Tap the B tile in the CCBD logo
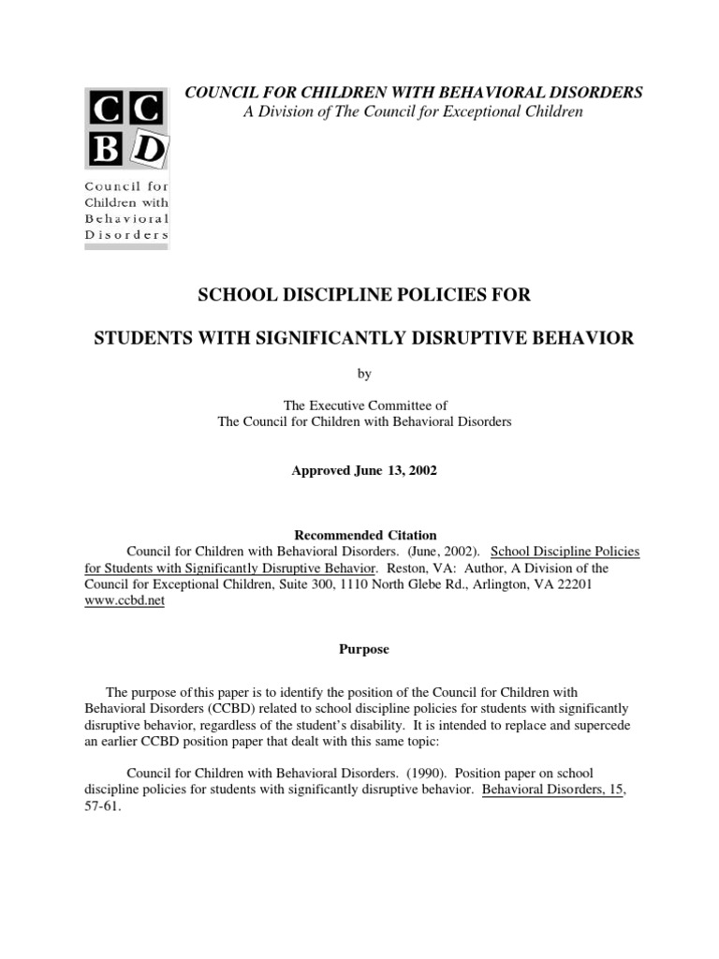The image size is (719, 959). pyautogui.click(x=106, y=148)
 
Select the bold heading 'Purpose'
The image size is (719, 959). pyautogui.click(x=363, y=648)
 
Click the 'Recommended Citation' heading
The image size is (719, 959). pyautogui.click(x=363, y=535)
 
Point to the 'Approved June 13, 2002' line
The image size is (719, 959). pyautogui.click(x=363, y=471)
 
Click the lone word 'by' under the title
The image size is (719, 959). pyautogui.click(x=363, y=373)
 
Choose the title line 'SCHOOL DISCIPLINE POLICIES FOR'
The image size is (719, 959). pyautogui.click(x=363, y=296)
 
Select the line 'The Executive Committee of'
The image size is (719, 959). pyautogui.click(x=363, y=405)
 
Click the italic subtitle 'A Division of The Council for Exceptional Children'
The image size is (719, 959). pyautogui.click(x=412, y=111)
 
